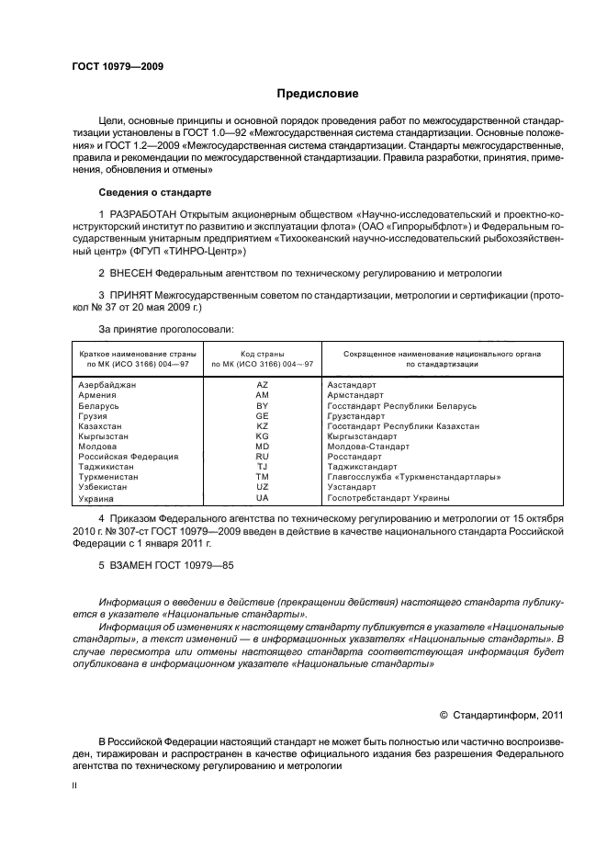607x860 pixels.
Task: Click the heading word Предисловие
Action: click(318, 94)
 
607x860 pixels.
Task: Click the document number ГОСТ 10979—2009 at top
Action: click(118, 66)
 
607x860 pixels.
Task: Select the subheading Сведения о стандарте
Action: click(154, 192)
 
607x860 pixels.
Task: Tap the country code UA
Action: click(262, 497)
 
